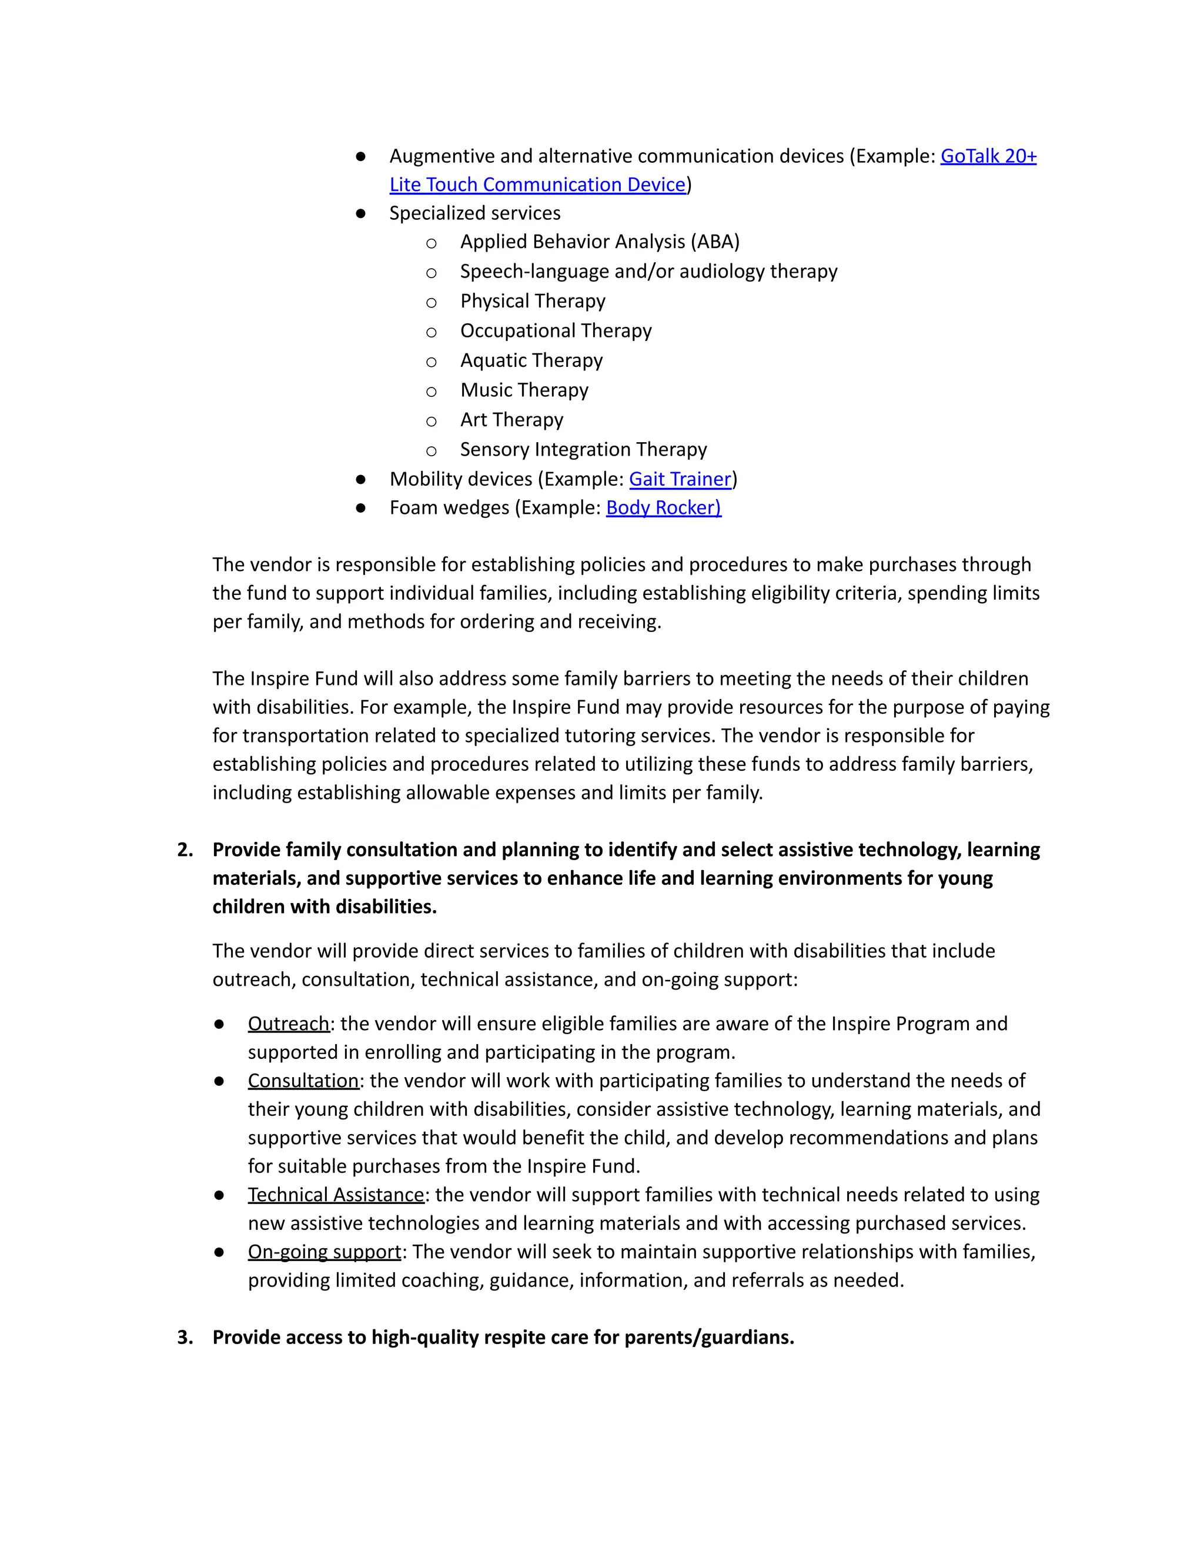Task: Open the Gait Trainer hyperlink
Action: [x=680, y=479]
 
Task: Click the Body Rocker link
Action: [x=663, y=507]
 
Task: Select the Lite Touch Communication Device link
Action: [x=537, y=184]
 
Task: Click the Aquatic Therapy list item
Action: [x=531, y=360]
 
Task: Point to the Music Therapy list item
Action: [x=524, y=390]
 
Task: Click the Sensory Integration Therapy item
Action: [x=583, y=449]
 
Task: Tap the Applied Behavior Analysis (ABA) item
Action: [x=599, y=242]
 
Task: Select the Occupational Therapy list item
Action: [x=555, y=331]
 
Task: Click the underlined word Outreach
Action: [x=288, y=1024]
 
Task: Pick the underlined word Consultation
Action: [x=303, y=1081]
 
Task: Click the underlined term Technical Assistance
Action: [x=336, y=1195]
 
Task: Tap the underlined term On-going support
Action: [x=325, y=1252]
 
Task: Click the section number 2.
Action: [x=185, y=850]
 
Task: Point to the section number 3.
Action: [x=185, y=1337]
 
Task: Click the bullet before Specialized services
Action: [x=360, y=213]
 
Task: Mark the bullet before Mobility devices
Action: [x=360, y=479]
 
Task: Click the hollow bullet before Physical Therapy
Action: [x=431, y=302]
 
